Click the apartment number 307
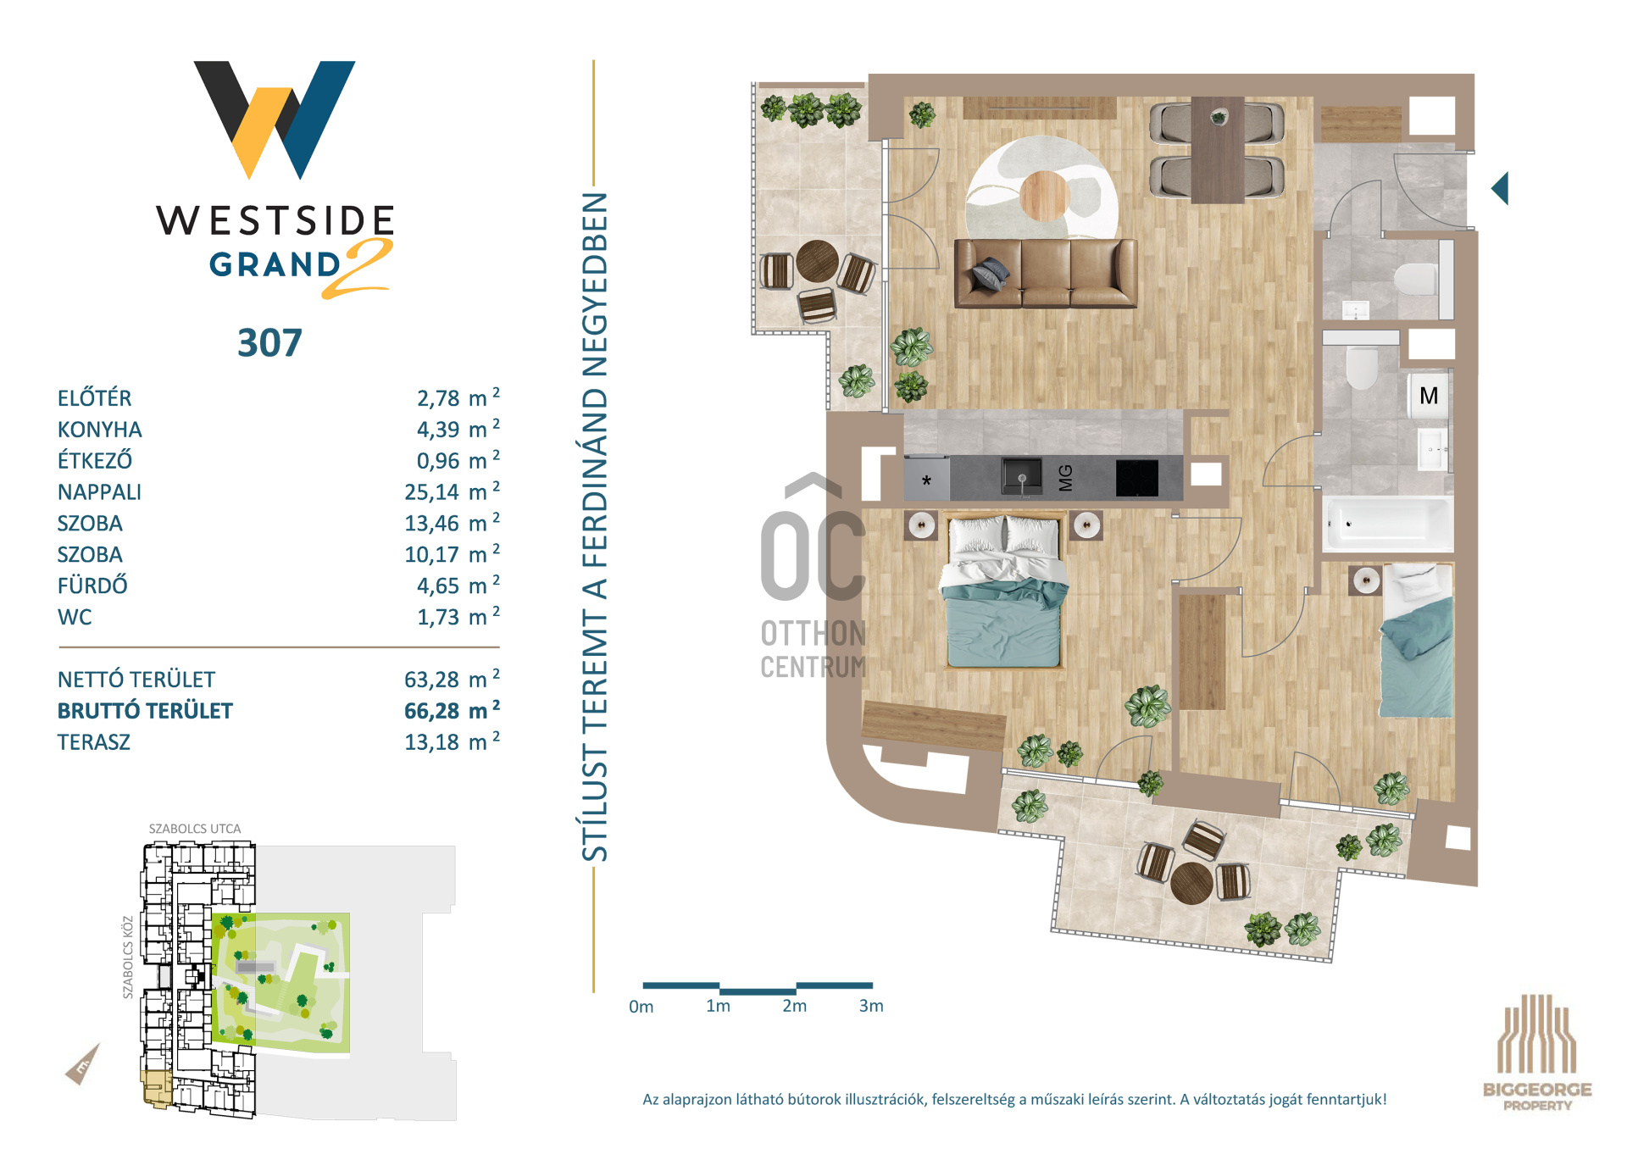269,343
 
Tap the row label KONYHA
99,430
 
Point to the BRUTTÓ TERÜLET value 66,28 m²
452,709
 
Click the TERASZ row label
94,742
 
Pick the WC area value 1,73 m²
458,616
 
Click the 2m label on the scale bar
794,1006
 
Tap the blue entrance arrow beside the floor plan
1500,188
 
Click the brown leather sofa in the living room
1046,273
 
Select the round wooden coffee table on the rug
1044,196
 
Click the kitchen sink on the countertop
1022,476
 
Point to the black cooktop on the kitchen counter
1136,478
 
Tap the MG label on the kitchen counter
1065,478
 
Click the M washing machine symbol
1429,396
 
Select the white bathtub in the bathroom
1386,524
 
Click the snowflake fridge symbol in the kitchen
926,480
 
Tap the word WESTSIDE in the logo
275,220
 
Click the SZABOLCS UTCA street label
195,829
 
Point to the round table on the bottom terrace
1191,883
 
